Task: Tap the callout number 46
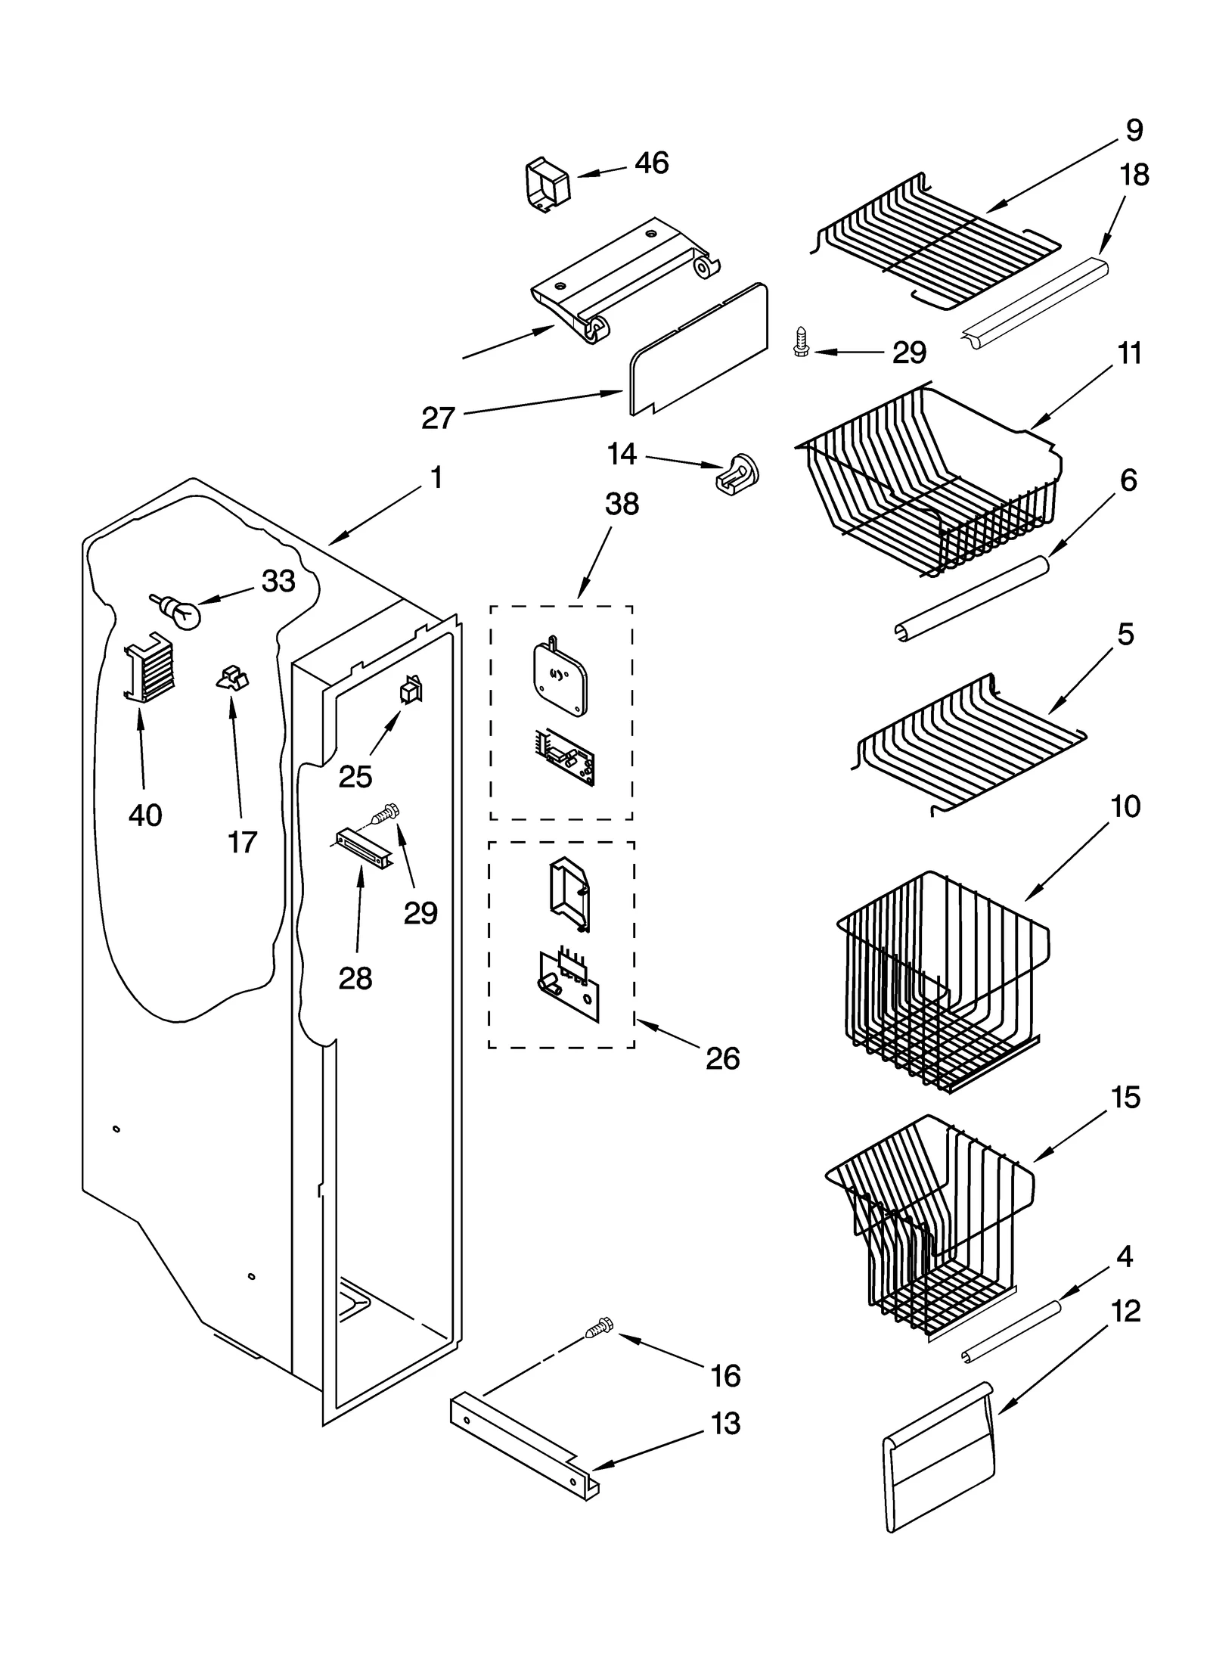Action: pyautogui.click(x=651, y=163)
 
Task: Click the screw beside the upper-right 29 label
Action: pyautogui.click(x=801, y=341)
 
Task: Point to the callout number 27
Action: pyautogui.click(x=439, y=418)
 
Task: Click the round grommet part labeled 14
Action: pyautogui.click(x=737, y=475)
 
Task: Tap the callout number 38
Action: pyautogui.click(x=622, y=504)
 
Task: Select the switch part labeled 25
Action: pyautogui.click(x=411, y=689)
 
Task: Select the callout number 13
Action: pyautogui.click(x=726, y=1424)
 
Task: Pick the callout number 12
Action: pyautogui.click(x=1125, y=1311)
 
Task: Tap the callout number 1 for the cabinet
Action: pyautogui.click(x=436, y=478)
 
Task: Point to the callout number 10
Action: pyautogui.click(x=1126, y=807)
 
